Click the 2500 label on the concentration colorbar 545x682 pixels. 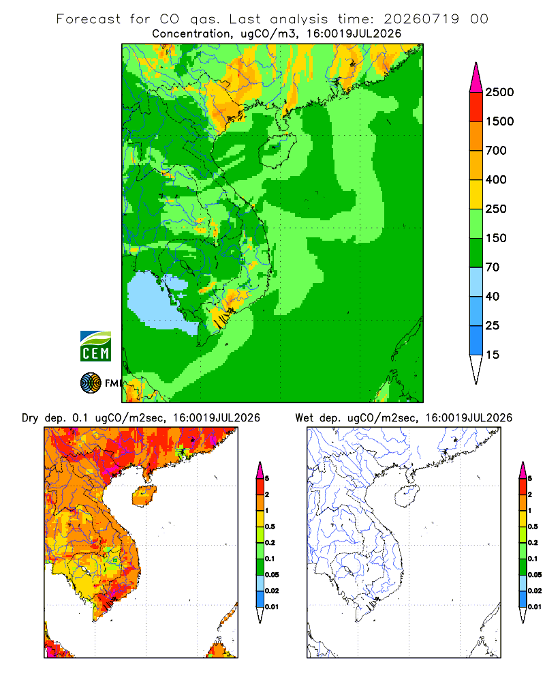(x=499, y=92)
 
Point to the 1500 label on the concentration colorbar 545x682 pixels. (x=499, y=121)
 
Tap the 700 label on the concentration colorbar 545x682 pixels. (x=496, y=151)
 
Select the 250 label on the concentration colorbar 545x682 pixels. (x=496, y=209)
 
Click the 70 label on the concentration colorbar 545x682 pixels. (x=493, y=267)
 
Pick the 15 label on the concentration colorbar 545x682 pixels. (x=493, y=355)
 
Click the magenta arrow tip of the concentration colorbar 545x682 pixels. (x=476, y=78)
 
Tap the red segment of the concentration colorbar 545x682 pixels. (x=476, y=107)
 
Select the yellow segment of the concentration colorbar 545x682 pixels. (x=476, y=194)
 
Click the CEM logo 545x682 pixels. (x=95, y=346)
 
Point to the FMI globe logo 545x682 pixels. (x=91, y=383)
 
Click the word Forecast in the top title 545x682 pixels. (x=89, y=19)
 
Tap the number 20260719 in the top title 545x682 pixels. (x=421, y=19)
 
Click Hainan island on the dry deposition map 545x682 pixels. (x=144, y=496)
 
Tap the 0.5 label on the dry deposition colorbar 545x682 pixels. (x=270, y=527)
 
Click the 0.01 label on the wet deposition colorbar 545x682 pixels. (x=535, y=607)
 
